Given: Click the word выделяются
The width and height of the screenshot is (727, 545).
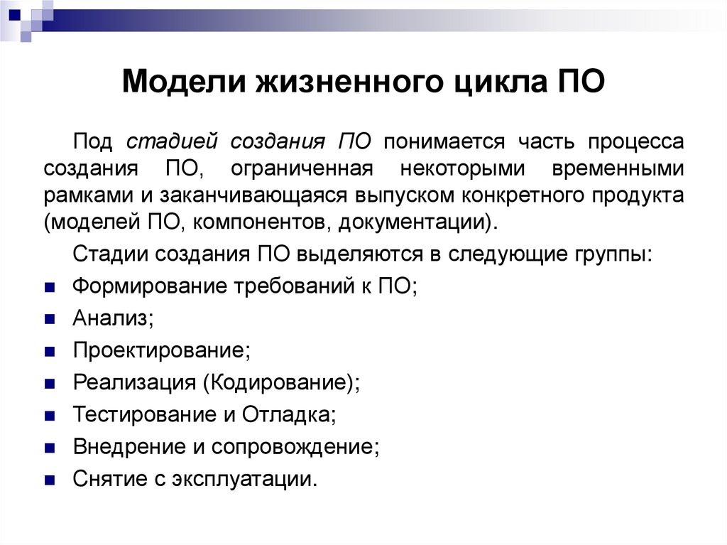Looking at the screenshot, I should click(x=351, y=254).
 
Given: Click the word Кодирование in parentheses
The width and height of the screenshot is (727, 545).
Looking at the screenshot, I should click(x=278, y=382).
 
